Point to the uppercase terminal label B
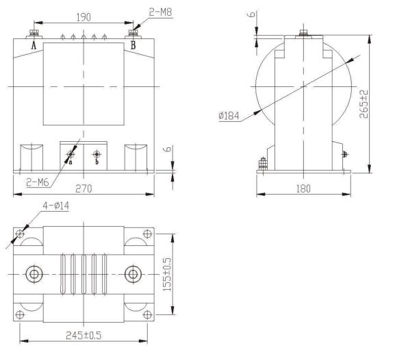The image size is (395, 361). [133, 45]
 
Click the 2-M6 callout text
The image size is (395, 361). [38, 182]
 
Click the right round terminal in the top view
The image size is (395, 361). [132, 275]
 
